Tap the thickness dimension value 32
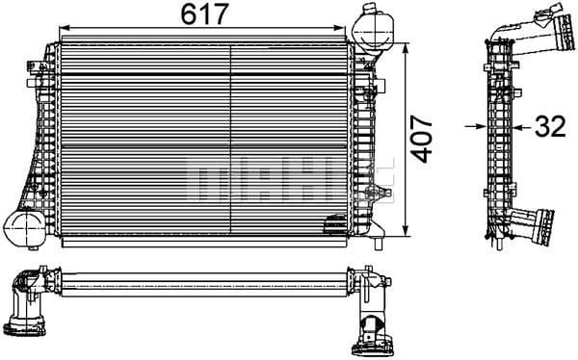(548, 125)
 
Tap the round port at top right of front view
(370, 23)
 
